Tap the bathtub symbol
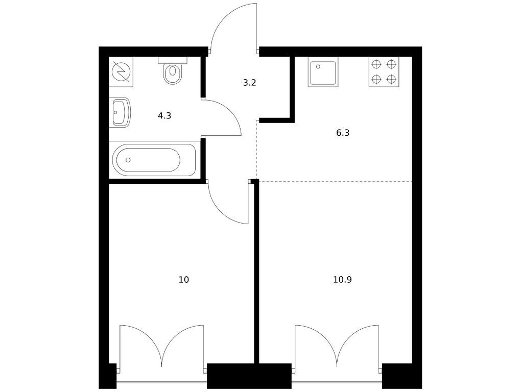tap(154, 160)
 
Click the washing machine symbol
tap(121, 71)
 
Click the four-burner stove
tap(384, 71)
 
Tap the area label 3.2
tap(249, 83)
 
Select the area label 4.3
tap(164, 116)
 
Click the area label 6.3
tap(343, 133)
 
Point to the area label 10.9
tap(342, 280)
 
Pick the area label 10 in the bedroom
tap(184, 280)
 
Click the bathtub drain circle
tap(128, 160)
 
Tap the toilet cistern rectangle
tap(173, 60)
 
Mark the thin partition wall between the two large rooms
tap(256, 272)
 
